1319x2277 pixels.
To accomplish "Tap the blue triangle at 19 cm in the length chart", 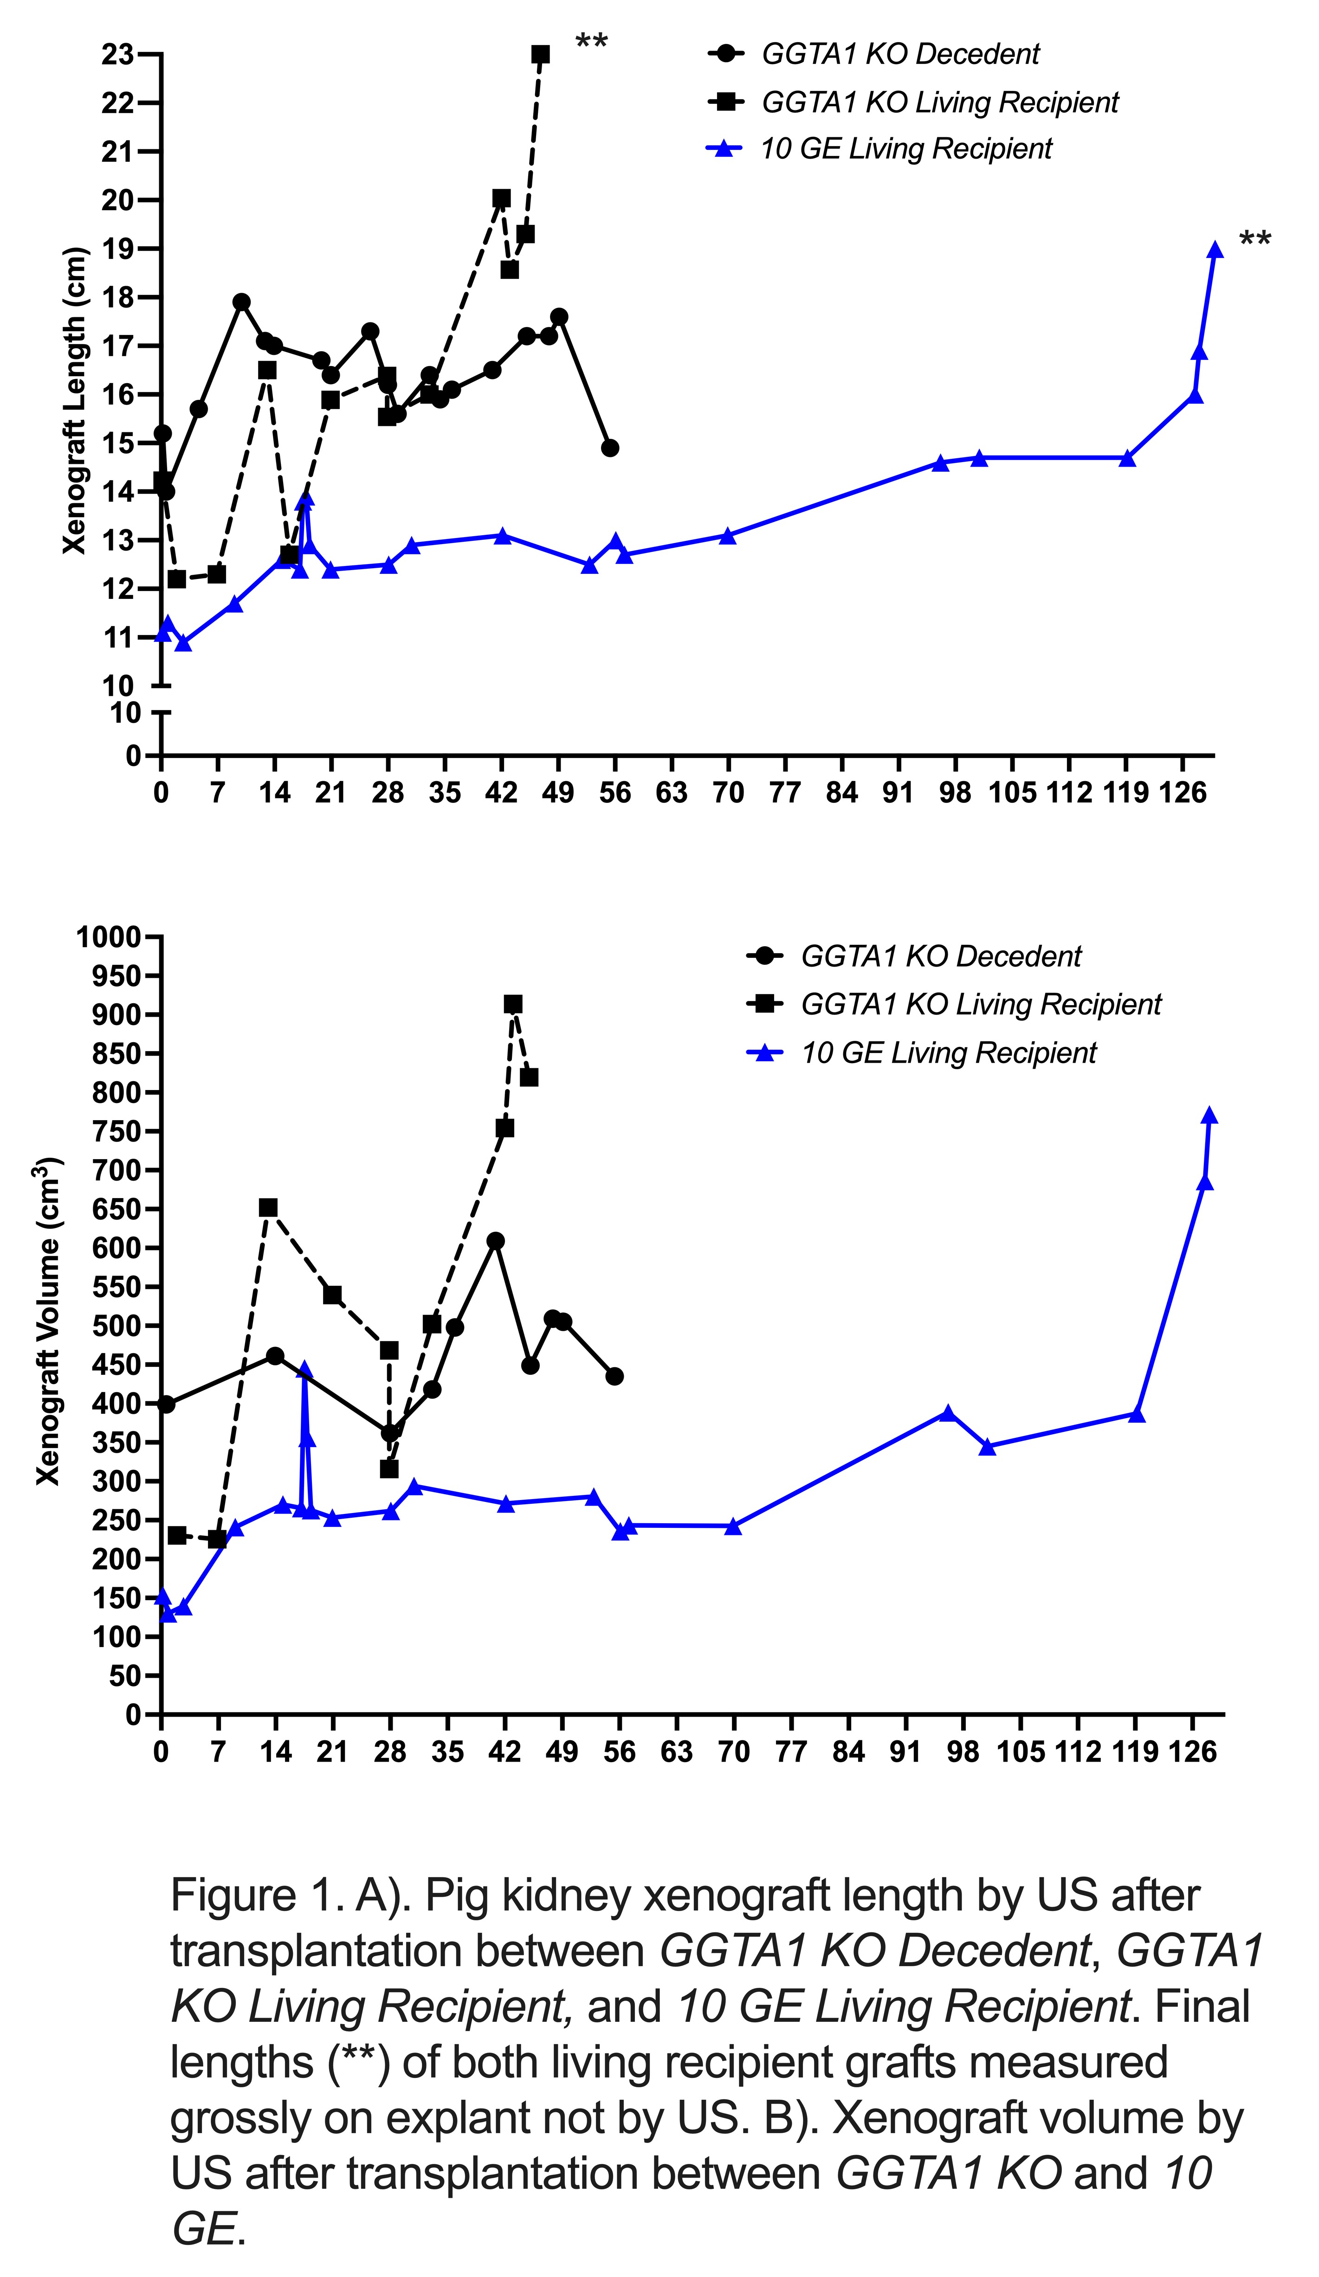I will tap(1215, 250).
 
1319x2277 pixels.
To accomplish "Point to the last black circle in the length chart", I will tap(610, 448).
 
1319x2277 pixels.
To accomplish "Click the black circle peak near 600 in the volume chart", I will tap(495, 1241).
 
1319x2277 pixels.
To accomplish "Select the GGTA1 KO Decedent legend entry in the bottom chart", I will tap(940, 956).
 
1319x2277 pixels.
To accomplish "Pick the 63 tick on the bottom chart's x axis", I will tap(676, 1752).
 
